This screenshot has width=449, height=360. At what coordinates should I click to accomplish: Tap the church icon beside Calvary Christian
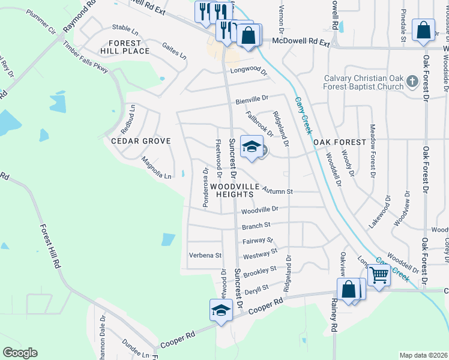pyautogui.click(x=412, y=80)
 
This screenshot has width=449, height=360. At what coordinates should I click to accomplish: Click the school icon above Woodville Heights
pyautogui.click(x=252, y=146)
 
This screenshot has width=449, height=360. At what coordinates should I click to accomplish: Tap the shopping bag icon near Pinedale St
pyautogui.click(x=424, y=31)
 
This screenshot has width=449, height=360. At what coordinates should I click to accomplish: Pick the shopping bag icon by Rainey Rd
pyautogui.click(x=349, y=290)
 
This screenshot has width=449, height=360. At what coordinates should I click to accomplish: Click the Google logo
pyautogui.click(x=20, y=353)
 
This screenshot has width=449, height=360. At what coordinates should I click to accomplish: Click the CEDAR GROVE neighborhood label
pyautogui.click(x=141, y=141)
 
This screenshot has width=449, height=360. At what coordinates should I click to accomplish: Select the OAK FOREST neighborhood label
pyautogui.click(x=339, y=142)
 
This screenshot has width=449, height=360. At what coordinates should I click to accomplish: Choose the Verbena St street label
pyautogui.click(x=205, y=255)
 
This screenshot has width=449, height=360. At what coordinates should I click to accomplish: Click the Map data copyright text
pyautogui.click(x=423, y=355)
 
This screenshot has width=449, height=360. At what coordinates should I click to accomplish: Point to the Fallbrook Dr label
pyautogui.click(x=259, y=123)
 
